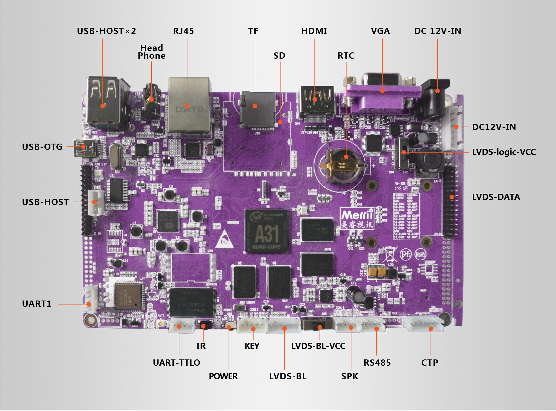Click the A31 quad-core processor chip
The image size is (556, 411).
[x=267, y=231]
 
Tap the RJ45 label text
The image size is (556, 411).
[x=183, y=31]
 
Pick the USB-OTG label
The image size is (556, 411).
[x=42, y=147]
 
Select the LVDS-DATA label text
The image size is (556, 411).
[x=496, y=197]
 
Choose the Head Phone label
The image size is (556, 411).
[x=152, y=52]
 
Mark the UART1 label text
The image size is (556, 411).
[x=37, y=304]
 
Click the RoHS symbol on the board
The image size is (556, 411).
[x=420, y=254]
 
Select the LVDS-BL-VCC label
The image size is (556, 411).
[x=318, y=346]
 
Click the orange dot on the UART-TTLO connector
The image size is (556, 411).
[x=179, y=327]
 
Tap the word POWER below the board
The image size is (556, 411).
[x=223, y=376]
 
